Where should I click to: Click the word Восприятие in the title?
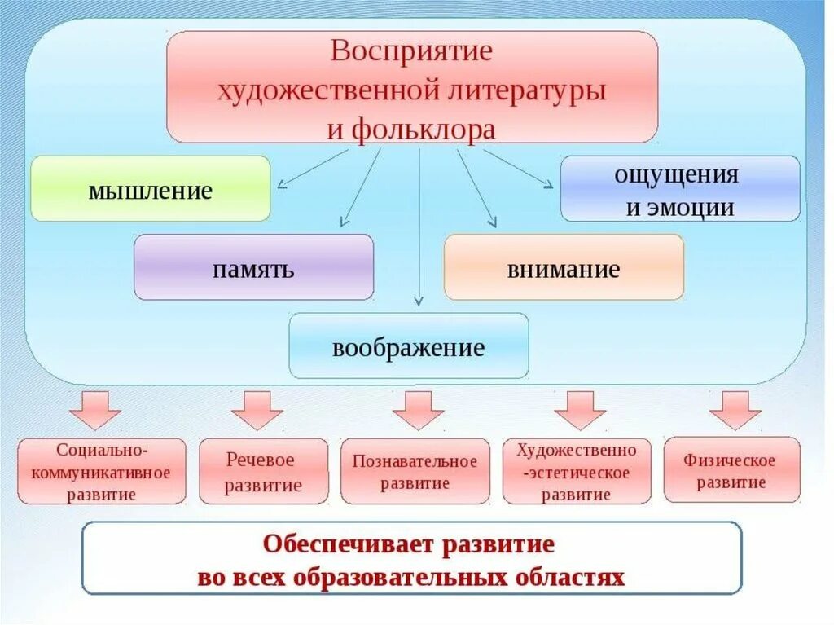point(412,51)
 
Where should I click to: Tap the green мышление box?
point(150,190)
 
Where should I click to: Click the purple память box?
point(253,268)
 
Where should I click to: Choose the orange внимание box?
point(564,268)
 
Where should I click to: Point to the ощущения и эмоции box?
point(680,189)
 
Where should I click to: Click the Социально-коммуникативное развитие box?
point(102,471)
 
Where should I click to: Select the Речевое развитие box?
point(263,472)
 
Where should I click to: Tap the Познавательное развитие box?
point(415,472)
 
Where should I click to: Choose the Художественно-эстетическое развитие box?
point(577,472)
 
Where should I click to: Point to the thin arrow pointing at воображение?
point(419,228)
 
